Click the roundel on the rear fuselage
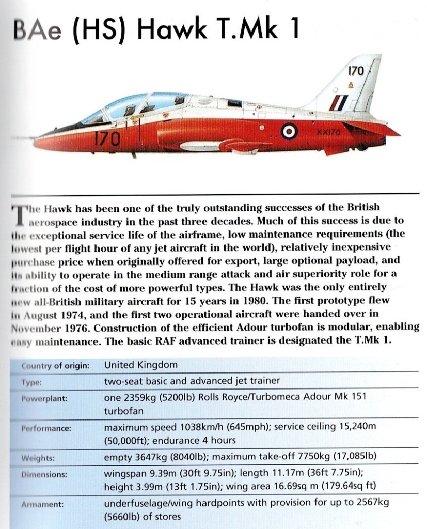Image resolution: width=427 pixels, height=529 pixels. [x=288, y=133]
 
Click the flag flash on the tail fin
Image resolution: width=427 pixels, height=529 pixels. [x=339, y=103]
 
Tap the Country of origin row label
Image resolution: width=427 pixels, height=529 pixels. [x=55, y=366]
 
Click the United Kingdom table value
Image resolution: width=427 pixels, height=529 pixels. [x=140, y=365]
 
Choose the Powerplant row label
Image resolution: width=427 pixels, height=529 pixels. [x=44, y=399]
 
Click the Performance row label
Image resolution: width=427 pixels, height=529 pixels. [x=46, y=428]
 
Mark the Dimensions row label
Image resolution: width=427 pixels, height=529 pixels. [x=44, y=474]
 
